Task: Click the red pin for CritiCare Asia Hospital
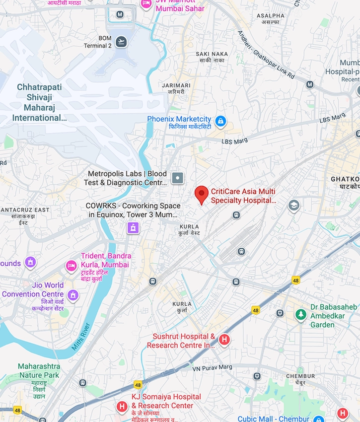click(x=201, y=194)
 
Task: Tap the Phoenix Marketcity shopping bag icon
click(x=220, y=121)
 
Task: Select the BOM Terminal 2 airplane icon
click(x=121, y=42)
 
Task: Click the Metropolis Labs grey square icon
click(x=177, y=178)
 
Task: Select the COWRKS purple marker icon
click(x=133, y=228)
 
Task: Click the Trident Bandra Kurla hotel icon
click(x=72, y=267)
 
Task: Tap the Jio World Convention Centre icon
click(x=73, y=295)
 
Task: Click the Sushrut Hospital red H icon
click(x=224, y=340)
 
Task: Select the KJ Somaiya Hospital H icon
click(x=122, y=407)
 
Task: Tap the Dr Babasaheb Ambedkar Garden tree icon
click(x=300, y=314)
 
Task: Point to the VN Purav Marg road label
click(x=212, y=367)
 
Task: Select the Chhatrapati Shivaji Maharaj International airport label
click(x=40, y=102)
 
